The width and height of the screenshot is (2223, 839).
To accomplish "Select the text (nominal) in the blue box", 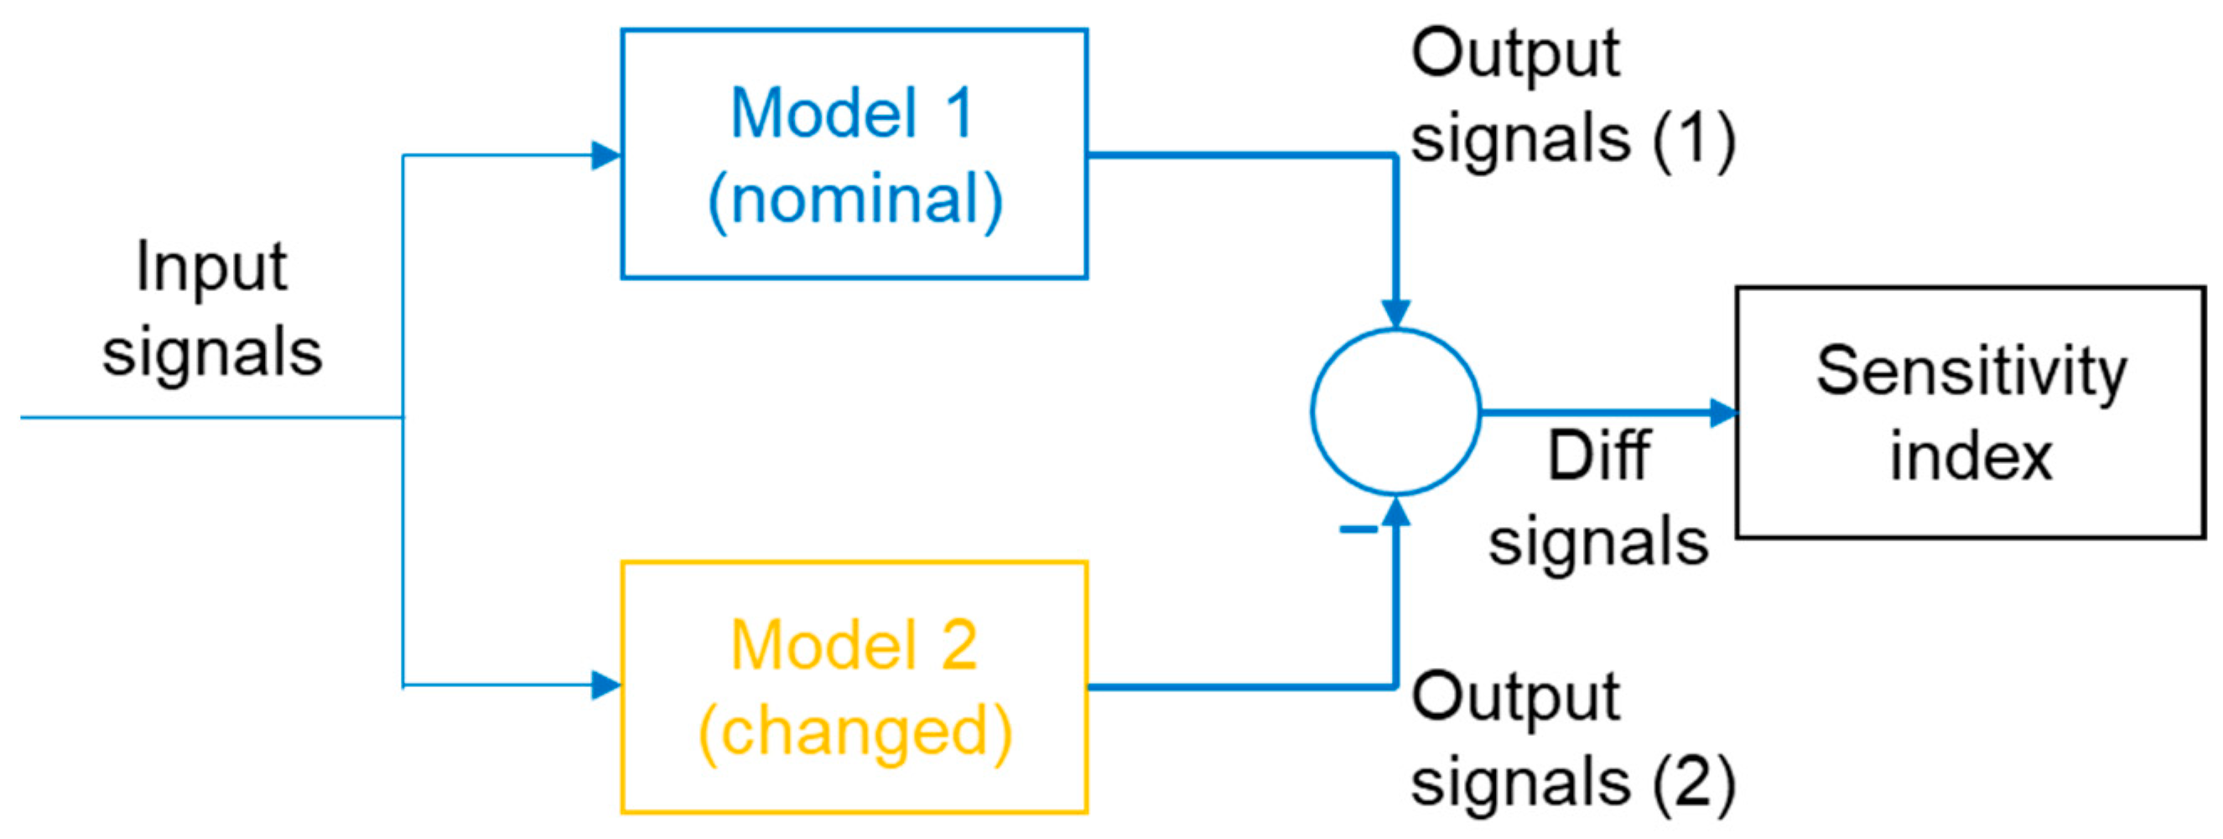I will (854, 200).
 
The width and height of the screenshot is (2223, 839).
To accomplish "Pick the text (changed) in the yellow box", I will (854, 732).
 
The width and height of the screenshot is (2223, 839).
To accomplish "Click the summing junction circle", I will (1395, 413).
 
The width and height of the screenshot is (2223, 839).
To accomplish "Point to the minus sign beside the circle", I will (1358, 529).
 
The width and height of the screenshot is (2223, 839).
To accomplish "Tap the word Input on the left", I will (211, 267).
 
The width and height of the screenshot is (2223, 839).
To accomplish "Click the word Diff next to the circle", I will (1598, 455).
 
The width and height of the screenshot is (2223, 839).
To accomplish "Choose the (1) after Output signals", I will (1693, 139).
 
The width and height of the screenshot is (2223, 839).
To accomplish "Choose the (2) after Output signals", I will (1693, 782).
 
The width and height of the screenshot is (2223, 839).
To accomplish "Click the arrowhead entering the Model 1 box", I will (605, 155).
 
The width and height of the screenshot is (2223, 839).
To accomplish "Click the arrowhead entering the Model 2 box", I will (605, 685).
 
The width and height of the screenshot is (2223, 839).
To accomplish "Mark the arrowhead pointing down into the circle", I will (1395, 312).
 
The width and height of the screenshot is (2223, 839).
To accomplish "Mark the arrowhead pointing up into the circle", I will (1395, 511).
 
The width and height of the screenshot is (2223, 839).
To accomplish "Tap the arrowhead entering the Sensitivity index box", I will (1722, 413).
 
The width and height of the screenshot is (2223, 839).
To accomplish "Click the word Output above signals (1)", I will (1516, 54).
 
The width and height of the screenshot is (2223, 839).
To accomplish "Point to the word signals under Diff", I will (1598, 542).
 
